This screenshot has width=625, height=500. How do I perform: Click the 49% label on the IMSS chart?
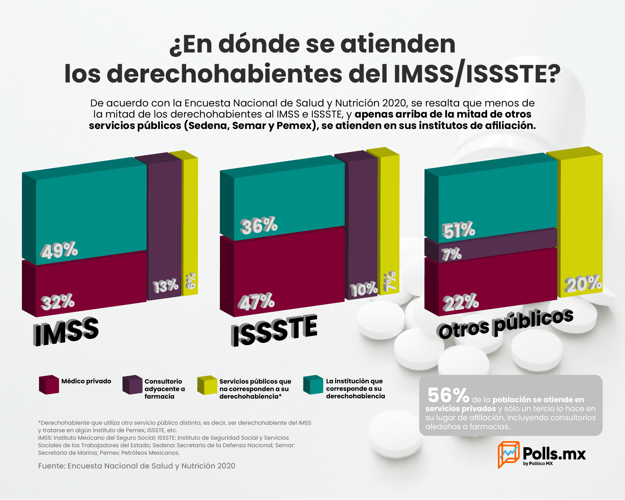pos(59,250)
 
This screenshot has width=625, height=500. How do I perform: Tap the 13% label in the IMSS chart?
pos(166,286)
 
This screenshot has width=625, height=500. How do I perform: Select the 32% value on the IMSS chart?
pos(58,302)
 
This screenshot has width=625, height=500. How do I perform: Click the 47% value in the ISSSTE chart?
pos(256,301)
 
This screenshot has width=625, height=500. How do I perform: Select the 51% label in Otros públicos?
pos(458,230)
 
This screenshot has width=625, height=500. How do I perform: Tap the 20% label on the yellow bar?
pos(583,283)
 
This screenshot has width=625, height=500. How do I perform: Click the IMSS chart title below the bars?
pos(66,331)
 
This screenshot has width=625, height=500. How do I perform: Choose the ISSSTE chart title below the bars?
pos(274,330)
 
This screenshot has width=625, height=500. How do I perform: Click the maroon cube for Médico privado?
pos(49,385)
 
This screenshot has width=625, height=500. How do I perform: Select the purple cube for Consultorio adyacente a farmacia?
pos(132,385)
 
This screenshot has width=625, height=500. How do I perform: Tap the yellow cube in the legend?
pos(207,385)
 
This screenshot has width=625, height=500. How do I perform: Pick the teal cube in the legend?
pos(313,385)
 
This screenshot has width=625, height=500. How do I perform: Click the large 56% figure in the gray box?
pos(448,395)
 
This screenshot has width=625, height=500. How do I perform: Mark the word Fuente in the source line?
pos(51,466)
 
